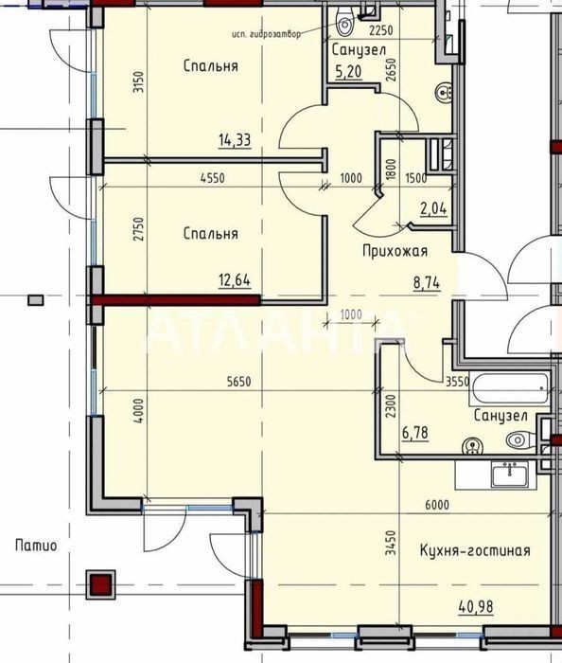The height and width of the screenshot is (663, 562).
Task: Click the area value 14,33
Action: click(x=235, y=140)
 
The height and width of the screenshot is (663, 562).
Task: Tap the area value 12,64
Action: click(x=235, y=280)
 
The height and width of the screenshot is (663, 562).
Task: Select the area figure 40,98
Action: click(x=476, y=607)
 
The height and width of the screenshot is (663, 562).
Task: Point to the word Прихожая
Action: click(x=395, y=251)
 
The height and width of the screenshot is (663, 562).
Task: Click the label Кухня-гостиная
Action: click(x=475, y=550)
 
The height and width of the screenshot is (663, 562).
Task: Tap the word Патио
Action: click(x=36, y=546)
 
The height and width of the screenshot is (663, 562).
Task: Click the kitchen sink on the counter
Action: click(x=510, y=474)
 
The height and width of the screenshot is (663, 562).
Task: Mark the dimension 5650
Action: click(x=239, y=382)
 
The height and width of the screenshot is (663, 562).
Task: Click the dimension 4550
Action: click(x=213, y=178)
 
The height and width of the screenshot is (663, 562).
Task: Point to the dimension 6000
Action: click(x=437, y=505)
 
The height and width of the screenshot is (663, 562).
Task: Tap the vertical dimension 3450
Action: click(x=393, y=543)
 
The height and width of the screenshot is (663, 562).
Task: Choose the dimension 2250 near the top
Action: click(x=381, y=31)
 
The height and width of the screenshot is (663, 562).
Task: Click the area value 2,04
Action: click(x=433, y=209)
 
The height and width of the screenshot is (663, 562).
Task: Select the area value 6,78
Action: click(x=414, y=434)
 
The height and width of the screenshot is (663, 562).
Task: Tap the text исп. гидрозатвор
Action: click(x=267, y=34)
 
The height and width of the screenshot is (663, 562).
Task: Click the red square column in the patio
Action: click(x=101, y=584)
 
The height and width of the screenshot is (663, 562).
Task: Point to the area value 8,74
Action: click(x=427, y=282)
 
